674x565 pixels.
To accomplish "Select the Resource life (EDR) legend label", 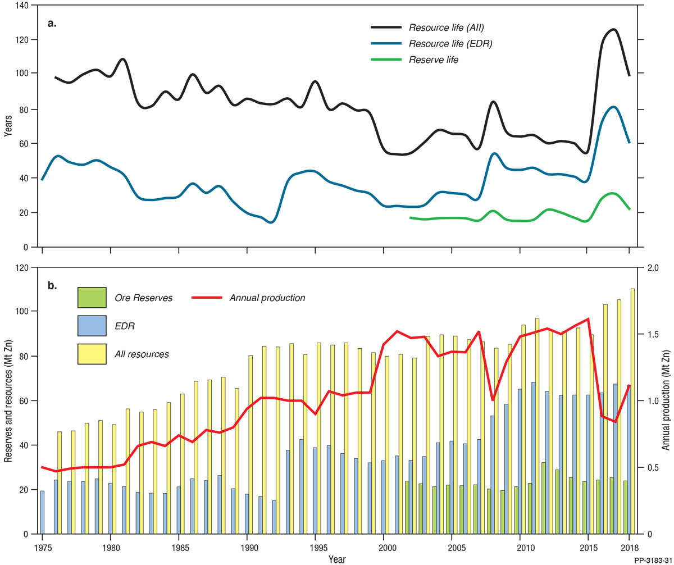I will [450, 43].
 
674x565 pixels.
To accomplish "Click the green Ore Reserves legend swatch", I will [92, 297].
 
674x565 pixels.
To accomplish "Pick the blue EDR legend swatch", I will [92, 326].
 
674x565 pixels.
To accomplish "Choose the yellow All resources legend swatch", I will [92, 354].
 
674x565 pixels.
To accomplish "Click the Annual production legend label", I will [267, 298].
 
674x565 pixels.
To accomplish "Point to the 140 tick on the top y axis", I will [22, 5].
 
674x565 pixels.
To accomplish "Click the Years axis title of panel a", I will [7, 126].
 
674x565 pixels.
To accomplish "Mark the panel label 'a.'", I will [52, 24].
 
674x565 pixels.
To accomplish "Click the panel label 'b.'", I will [52, 286].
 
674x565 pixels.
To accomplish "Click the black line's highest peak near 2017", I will [613, 29].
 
